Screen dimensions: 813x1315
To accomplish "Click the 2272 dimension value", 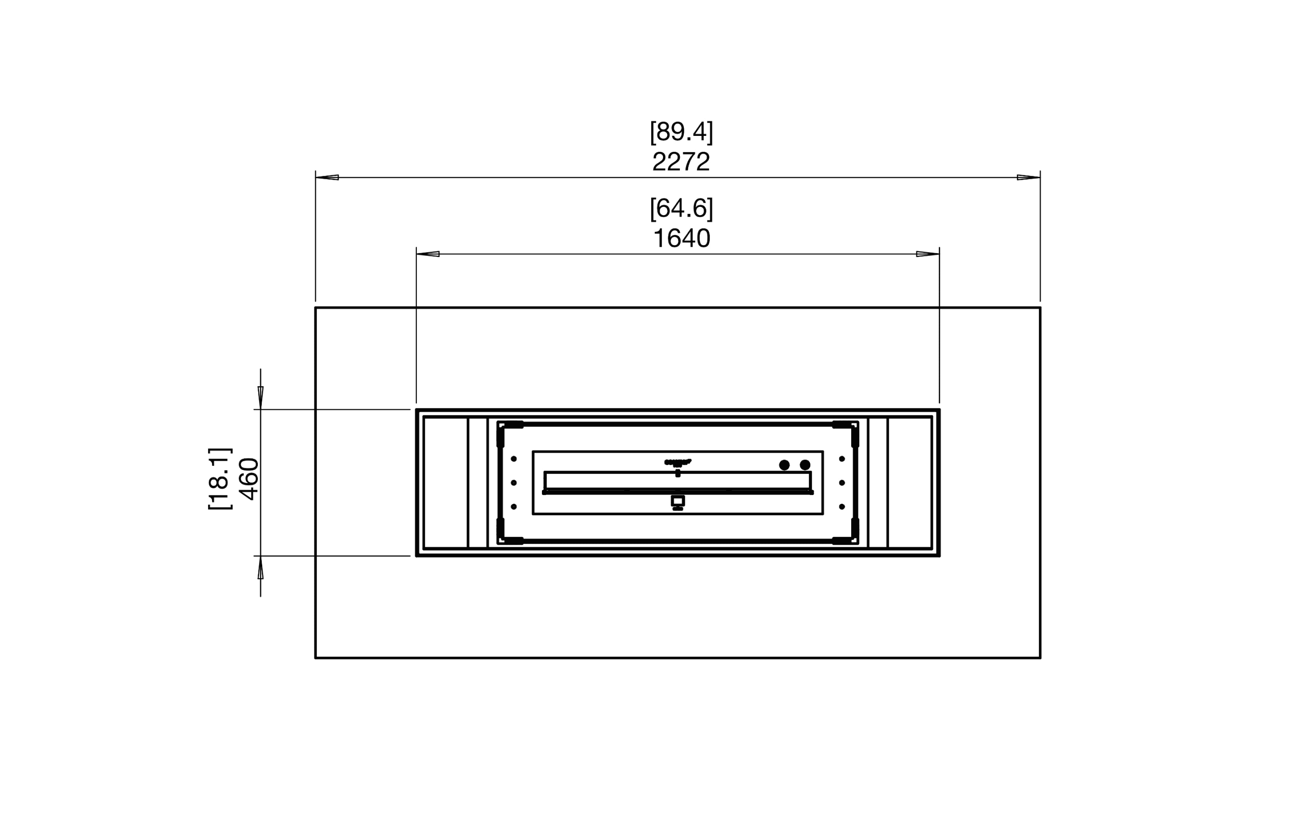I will [681, 162].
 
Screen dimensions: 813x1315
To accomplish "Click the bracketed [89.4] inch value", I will [681, 132].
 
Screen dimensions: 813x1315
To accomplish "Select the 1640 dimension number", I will [681, 239].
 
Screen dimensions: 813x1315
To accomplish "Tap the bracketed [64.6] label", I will [681, 208].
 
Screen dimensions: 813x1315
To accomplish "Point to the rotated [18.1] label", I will [220, 479].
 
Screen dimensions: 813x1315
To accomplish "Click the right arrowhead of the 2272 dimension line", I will [1028, 177].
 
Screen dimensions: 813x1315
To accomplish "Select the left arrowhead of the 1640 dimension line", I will [428, 254].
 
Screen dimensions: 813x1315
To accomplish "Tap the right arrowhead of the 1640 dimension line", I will [928, 254].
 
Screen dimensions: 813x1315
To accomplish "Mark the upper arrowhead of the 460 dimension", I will [261, 397].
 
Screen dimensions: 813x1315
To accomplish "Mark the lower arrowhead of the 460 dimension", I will [261, 568].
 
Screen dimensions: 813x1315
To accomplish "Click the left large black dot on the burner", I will [784, 465].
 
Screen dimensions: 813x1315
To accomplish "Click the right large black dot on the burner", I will [805, 465].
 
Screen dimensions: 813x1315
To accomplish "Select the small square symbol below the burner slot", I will [677, 501].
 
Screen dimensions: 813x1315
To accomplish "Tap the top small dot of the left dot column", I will [514, 459].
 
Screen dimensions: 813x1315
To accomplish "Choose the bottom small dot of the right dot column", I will [842, 507].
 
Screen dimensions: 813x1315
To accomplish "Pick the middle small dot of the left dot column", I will [514, 483].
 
